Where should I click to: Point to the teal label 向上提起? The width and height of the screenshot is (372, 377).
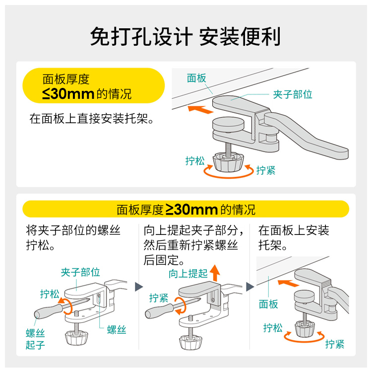point(188,273)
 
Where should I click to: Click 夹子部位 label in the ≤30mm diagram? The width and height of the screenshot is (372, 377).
point(293,94)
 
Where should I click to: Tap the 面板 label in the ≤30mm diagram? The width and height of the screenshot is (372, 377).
point(196,78)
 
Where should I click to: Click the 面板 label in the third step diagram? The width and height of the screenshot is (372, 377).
point(268,304)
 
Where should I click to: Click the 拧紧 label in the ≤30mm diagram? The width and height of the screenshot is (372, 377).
point(266,170)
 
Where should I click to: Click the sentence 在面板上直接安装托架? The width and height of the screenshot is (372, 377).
point(92,119)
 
